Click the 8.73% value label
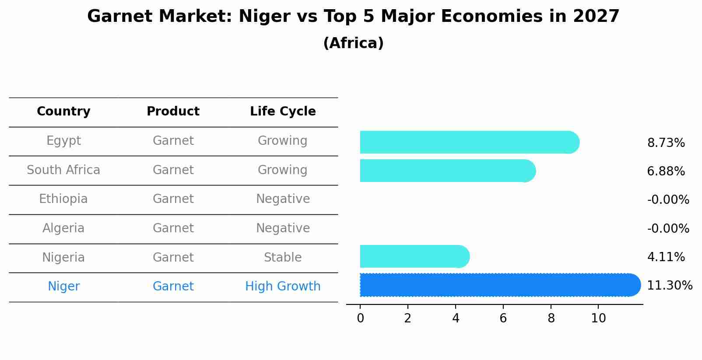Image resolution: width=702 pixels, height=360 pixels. [666, 143]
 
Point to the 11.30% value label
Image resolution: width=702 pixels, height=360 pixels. [669, 286]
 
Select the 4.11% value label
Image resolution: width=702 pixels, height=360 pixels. [666, 257]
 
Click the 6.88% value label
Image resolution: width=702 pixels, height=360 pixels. [666, 171]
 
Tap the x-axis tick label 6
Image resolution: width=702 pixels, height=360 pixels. [503, 318]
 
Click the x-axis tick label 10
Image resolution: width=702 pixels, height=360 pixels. [598, 318]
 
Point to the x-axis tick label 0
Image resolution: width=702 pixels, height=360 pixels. [360, 318]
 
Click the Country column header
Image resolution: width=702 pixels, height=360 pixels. [63, 112]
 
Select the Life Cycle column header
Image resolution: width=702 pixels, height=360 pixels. [283, 112]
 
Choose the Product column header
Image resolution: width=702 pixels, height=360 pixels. [173, 112]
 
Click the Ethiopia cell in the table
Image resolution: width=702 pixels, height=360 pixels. [63, 199]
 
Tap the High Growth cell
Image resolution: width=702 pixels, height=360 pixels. [283, 287]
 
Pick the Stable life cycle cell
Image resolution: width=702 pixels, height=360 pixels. [283, 258]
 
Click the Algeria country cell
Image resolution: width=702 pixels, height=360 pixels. [63, 228]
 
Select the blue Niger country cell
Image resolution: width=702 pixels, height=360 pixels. [63, 287]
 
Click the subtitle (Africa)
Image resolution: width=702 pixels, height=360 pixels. [353, 43]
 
